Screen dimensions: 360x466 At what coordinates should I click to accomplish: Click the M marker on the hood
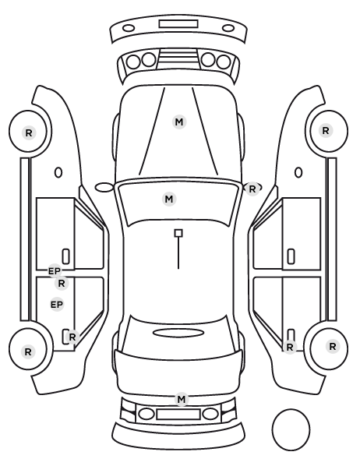(179, 122)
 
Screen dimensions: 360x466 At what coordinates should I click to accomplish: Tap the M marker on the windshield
(169, 199)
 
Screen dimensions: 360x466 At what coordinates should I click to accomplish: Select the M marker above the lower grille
(182, 400)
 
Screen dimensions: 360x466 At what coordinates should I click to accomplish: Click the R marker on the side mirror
(252, 189)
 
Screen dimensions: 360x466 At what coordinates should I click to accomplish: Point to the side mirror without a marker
(104, 188)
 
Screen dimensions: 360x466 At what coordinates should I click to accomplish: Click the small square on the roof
(178, 233)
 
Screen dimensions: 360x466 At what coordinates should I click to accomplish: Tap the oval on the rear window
(178, 333)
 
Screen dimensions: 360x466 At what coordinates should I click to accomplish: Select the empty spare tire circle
(291, 429)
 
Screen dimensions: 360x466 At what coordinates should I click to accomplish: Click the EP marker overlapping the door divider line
(55, 271)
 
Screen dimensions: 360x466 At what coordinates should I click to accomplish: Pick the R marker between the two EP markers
(62, 284)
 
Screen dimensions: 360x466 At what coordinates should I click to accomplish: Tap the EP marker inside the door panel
(57, 305)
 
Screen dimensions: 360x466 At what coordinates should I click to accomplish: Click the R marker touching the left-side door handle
(72, 337)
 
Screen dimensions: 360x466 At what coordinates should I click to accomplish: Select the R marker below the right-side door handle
(290, 347)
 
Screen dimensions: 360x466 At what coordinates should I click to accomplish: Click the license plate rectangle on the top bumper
(178, 24)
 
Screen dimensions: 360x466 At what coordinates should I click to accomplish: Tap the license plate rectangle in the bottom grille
(178, 415)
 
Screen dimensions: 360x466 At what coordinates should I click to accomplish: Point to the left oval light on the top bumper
(129, 29)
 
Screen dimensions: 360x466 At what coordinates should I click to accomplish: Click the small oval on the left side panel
(58, 172)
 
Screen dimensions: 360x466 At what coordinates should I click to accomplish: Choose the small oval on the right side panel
(298, 172)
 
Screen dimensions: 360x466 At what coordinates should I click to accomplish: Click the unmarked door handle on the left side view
(66, 256)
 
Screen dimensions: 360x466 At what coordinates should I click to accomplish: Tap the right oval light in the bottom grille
(210, 414)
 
